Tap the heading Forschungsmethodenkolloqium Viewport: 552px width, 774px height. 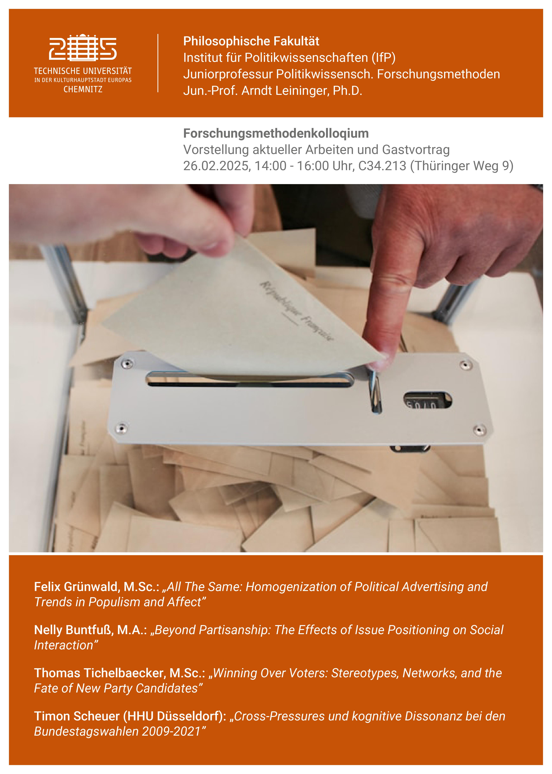point(276,133)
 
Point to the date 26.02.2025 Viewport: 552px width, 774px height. point(216,166)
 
